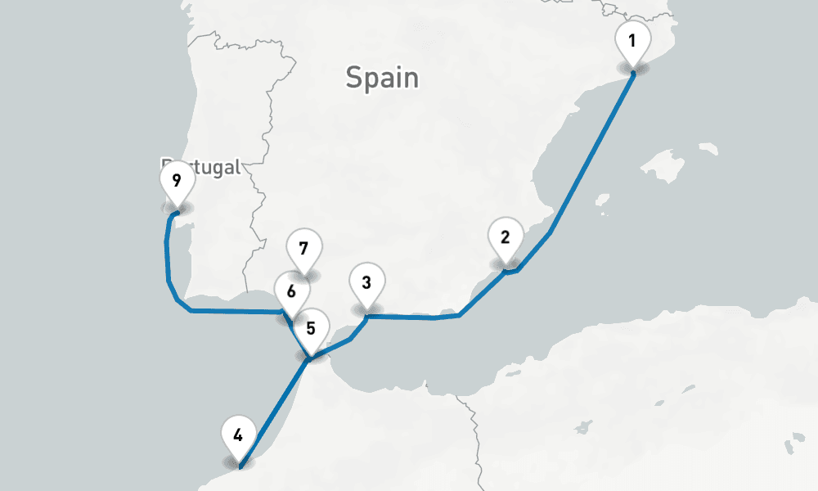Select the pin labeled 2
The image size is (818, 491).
[x=505, y=238]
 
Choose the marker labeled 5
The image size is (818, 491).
[x=310, y=329]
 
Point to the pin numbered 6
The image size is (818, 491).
[x=291, y=291]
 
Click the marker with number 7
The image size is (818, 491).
[x=303, y=248]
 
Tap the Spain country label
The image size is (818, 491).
[x=382, y=79]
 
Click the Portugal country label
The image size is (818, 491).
[x=201, y=167]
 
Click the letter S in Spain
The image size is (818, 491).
[x=354, y=79]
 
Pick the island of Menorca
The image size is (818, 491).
[x=708, y=149]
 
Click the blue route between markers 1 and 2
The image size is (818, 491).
[x=589, y=155]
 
